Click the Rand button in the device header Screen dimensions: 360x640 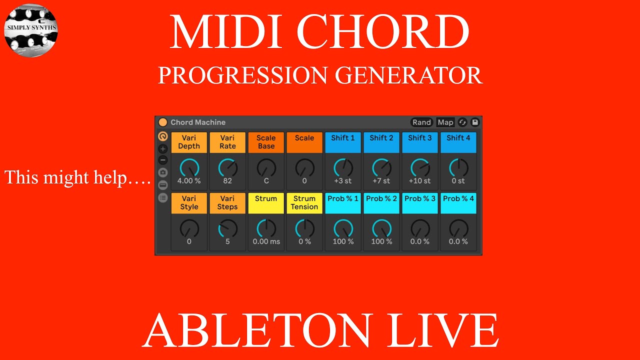click(x=421, y=122)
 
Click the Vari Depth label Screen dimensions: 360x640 click(x=189, y=142)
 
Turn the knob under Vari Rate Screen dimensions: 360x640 click(x=227, y=168)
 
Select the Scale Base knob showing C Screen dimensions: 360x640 click(x=266, y=168)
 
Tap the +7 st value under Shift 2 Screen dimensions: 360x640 click(x=381, y=181)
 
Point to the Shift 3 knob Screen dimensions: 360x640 click(x=420, y=168)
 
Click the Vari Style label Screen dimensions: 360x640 click(x=189, y=203)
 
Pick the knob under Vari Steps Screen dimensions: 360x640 click(x=227, y=228)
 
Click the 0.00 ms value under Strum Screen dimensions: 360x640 click(x=266, y=241)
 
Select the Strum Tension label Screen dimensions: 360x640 click(x=304, y=203)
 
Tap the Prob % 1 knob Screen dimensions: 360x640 click(x=343, y=228)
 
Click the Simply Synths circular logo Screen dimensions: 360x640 click(x=31, y=30)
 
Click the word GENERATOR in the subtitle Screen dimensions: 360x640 click(x=408, y=75)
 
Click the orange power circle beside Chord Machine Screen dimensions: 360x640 click(x=163, y=122)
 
